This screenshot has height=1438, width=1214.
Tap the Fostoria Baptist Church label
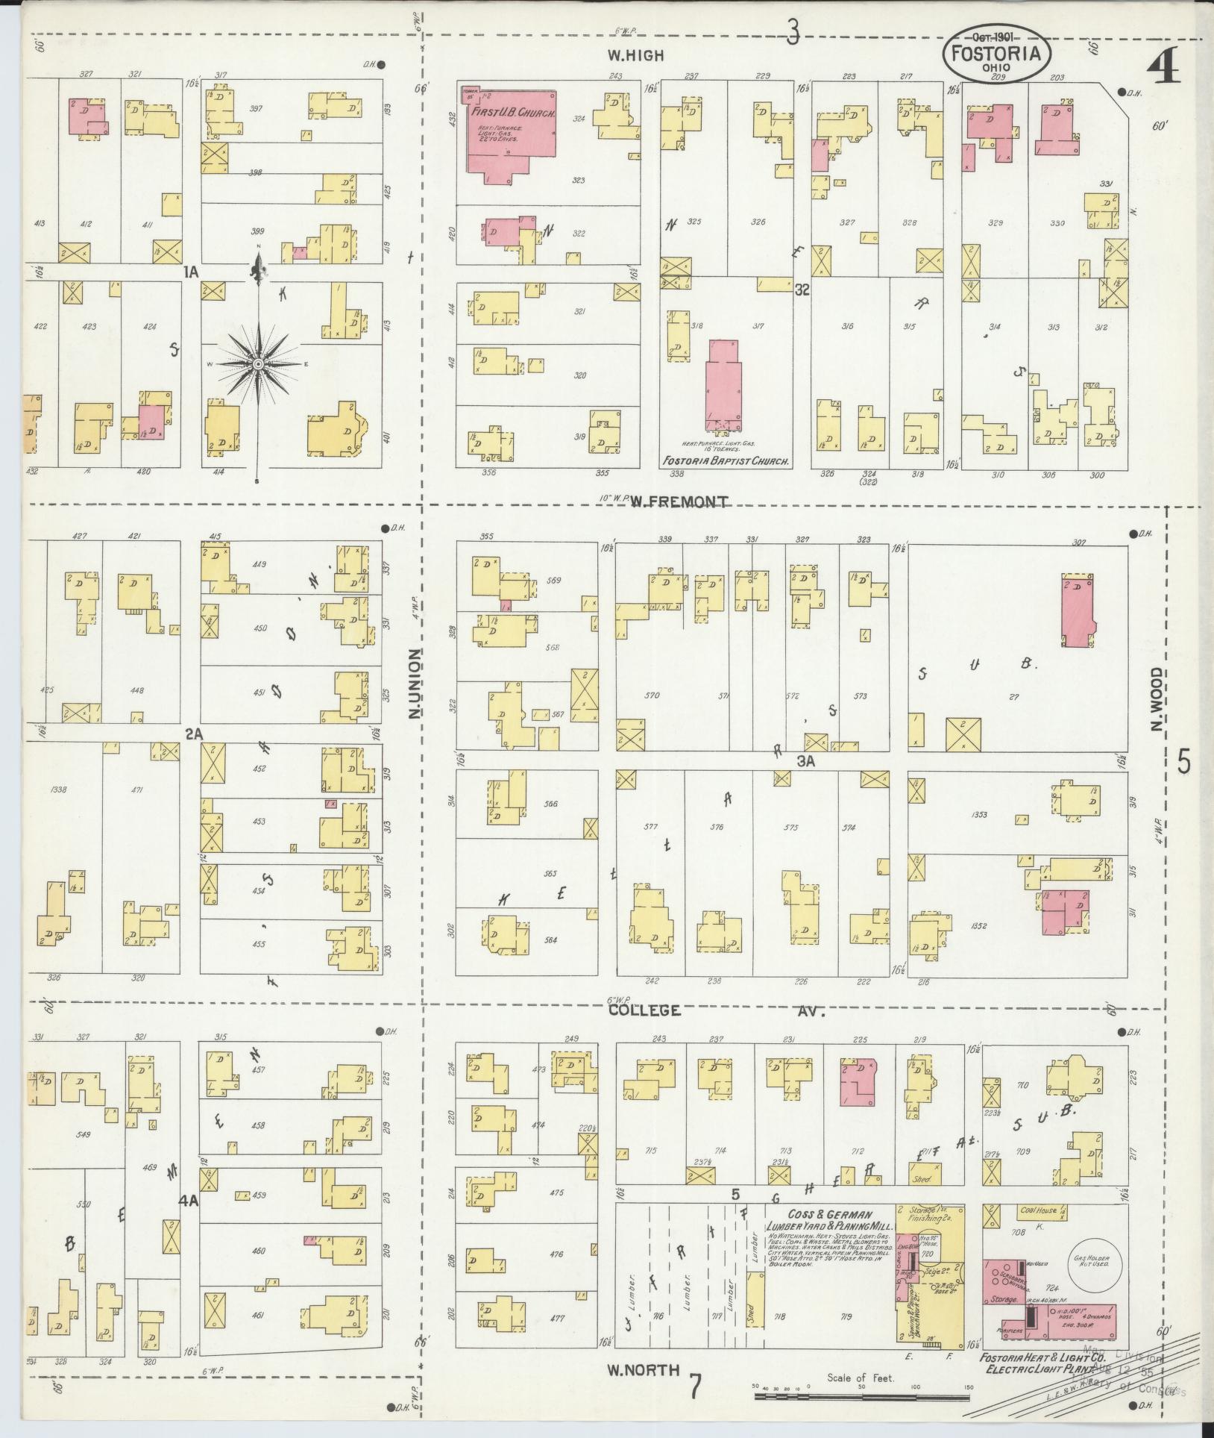[726, 462]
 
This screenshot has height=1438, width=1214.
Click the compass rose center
[258, 363]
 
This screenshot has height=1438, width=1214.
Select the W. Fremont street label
[679, 502]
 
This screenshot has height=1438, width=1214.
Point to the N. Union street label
[415, 684]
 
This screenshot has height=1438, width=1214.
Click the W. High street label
[635, 55]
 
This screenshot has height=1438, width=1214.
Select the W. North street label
[643, 1369]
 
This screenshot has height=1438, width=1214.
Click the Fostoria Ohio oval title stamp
[996, 53]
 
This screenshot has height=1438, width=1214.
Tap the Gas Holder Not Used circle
[1092, 1260]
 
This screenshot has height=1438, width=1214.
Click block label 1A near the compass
[192, 274]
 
